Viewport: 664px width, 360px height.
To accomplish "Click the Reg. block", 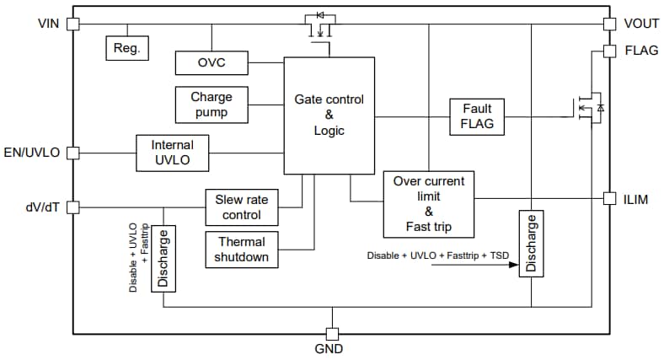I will pos(126,48).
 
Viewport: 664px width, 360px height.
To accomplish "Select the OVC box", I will pos(212,63).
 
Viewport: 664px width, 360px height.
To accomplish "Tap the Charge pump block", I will pos(212,105).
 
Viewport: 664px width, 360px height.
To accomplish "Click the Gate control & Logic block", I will pos(329,116).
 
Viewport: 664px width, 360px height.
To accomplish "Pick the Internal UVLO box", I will pos(172,153).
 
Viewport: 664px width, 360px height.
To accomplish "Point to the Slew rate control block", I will pos(242,207).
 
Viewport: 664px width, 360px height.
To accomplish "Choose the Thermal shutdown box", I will pos(242,249).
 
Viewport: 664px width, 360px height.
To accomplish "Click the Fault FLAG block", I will pos(477,117).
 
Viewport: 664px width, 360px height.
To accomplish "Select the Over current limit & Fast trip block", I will pos(429,205).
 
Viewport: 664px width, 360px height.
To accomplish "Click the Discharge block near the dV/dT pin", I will pos(163,258).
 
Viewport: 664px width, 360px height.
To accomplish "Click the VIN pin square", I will pos(72,23).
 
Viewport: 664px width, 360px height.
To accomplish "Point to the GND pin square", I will pos(331,334).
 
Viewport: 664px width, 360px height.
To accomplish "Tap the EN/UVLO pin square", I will pos(72,153).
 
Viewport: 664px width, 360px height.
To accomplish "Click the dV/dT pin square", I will pos(72,207).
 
